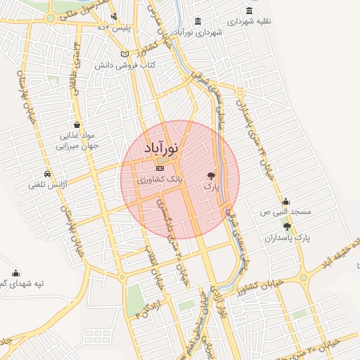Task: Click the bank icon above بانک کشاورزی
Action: click(160, 169)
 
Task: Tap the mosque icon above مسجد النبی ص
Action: click(286, 200)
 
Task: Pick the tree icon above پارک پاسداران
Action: click(287, 226)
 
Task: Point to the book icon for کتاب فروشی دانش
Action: click(125, 54)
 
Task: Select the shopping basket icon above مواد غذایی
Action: click(76, 123)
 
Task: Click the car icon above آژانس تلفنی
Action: click(47, 174)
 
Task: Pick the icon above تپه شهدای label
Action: click(16, 273)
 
